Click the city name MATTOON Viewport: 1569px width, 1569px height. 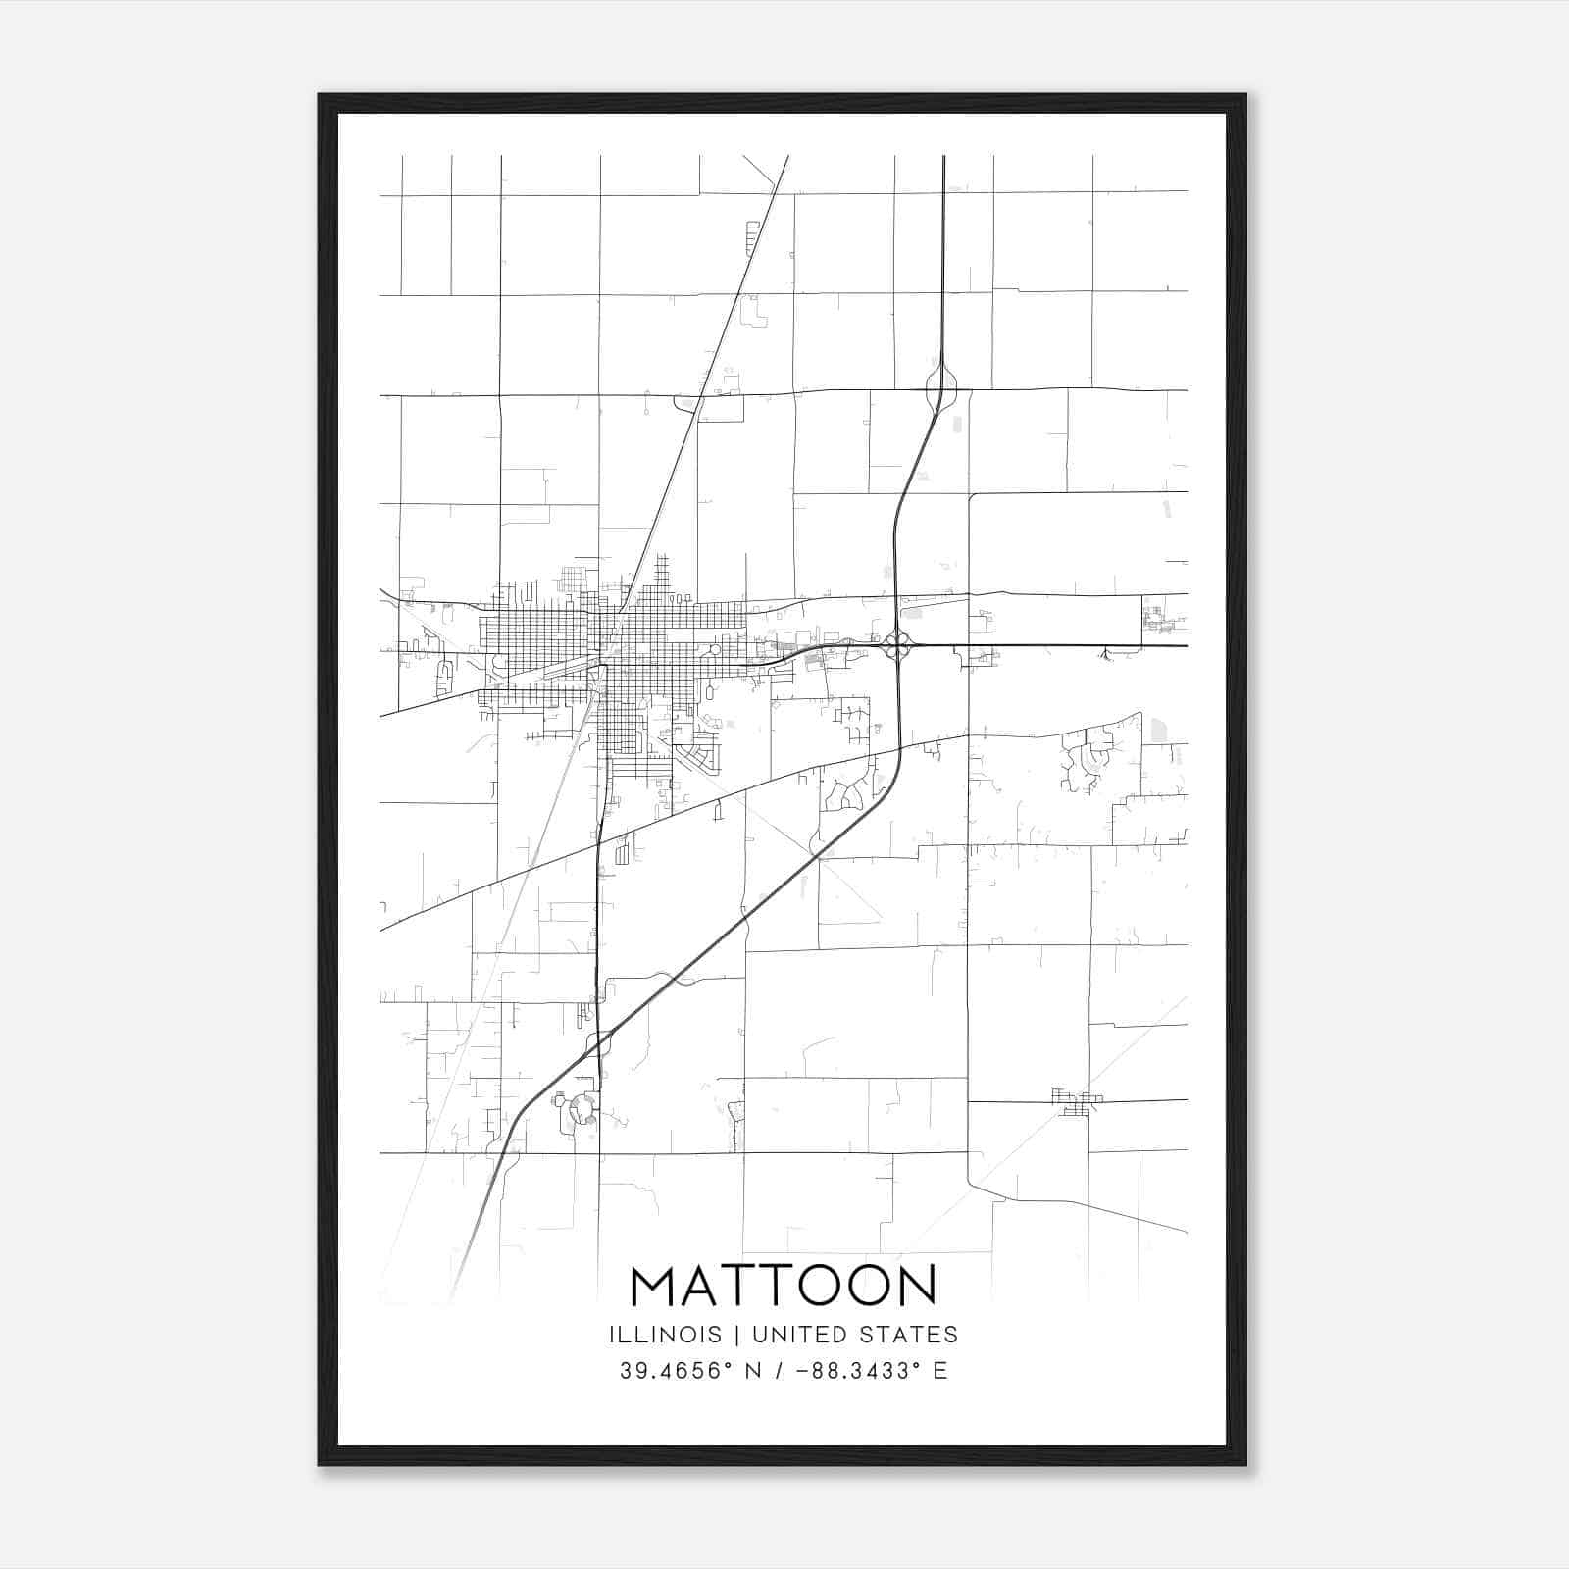(784, 1287)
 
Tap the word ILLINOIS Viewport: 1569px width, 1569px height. (665, 1335)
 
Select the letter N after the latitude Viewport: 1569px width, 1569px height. (753, 1371)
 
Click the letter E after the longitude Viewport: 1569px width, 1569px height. (940, 1371)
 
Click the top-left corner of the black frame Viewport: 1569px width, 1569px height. (320, 95)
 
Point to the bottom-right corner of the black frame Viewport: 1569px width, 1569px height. (1245, 1465)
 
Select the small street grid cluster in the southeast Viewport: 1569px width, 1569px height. (1077, 1101)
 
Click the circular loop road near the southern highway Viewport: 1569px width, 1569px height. (582, 1110)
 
